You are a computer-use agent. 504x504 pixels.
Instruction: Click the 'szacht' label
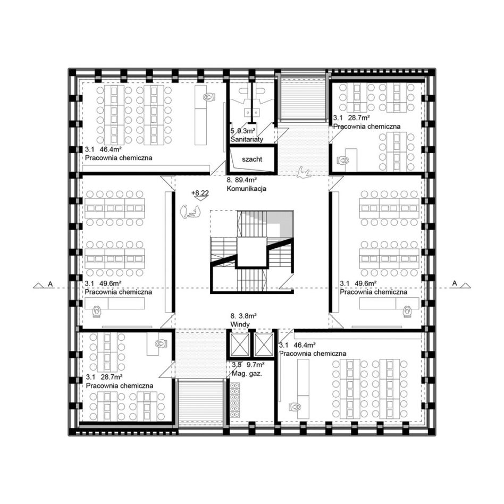point(252,159)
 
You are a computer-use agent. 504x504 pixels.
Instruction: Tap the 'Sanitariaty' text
point(247,139)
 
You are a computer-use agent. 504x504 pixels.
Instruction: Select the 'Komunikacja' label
point(247,189)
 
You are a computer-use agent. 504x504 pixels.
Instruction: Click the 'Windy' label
point(240,324)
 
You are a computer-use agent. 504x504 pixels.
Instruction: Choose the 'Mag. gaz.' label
point(247,374)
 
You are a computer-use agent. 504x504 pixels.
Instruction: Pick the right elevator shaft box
point(264,345)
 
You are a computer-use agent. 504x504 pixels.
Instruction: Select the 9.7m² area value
point(256,365)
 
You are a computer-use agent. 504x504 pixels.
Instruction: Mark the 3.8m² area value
point(248,316)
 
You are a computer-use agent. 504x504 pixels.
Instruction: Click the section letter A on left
point(50,284)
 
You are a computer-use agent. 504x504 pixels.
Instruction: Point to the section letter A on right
point(455,283)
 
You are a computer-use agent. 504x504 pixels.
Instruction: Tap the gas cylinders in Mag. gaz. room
point(235,398)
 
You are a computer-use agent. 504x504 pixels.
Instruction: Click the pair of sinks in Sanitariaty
point(253,112)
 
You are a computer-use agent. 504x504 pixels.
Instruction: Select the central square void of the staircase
point(251,253)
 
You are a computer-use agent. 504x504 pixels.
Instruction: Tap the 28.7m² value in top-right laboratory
point(358,117)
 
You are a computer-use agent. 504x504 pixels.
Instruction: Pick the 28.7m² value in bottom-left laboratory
point(112,377)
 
